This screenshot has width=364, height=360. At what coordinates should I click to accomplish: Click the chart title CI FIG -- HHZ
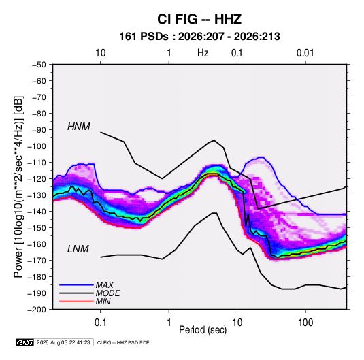pyautogui.click(x=199, y=19)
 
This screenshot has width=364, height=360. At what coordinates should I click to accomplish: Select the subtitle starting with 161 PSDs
pyautogui.click(x=199, y=37)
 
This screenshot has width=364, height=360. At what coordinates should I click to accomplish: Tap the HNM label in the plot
pyautogui.click(x=79, y=127)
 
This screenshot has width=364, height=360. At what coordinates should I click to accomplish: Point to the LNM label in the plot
pyautogui.click(x=78, y=249)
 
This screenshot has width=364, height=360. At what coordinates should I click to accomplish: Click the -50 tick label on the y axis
pyautogui.click(x=39, y=65)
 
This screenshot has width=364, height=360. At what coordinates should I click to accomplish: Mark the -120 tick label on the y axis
pyautogui.click(x=37, y=179)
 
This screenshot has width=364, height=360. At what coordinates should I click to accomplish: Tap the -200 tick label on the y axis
pyautogui.click(x=37, y=310)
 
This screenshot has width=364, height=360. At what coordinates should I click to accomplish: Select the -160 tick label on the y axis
pyautogui.click(x=37, y=244)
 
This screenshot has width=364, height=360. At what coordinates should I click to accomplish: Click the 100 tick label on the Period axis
pyautogui.click(x=305, y=323)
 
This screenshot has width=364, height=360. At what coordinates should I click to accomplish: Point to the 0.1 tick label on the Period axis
pyautogui.click(x=100, y=323)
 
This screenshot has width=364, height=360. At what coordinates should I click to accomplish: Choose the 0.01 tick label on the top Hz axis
pyautogui.click(x=305, y=53)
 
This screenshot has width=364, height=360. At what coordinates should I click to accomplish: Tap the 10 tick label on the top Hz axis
pyautogui.click(x=101, y=53)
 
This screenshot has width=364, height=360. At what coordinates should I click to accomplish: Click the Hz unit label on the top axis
pyautogui.click(x=203, y=53)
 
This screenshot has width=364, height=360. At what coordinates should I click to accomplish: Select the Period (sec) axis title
pyautogui.click(x=203, y=330)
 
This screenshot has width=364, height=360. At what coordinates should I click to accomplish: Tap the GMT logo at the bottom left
pyautogui.click(x=25, y=342)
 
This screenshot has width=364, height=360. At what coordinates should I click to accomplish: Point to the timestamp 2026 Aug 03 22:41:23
pyautogui.click(x=63, y=342)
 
